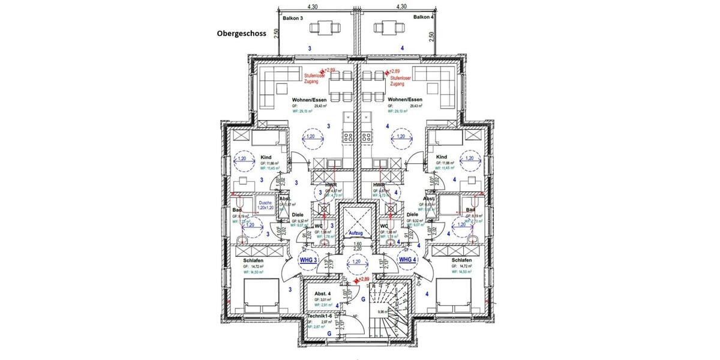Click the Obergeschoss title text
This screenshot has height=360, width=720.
click(241, 34)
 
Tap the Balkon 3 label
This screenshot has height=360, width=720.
click(293, 18)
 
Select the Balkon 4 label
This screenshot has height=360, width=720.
click(424, 17)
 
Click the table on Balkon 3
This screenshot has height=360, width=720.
click(328, 27)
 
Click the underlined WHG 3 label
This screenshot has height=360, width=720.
click(308, 260)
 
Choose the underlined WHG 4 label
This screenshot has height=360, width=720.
click(408, 260)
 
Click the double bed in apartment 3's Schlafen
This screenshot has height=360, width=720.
click(260, 294)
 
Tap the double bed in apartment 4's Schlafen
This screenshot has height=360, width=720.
click(456, 294)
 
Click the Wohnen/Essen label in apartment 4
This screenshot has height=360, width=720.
click(406, 99)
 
